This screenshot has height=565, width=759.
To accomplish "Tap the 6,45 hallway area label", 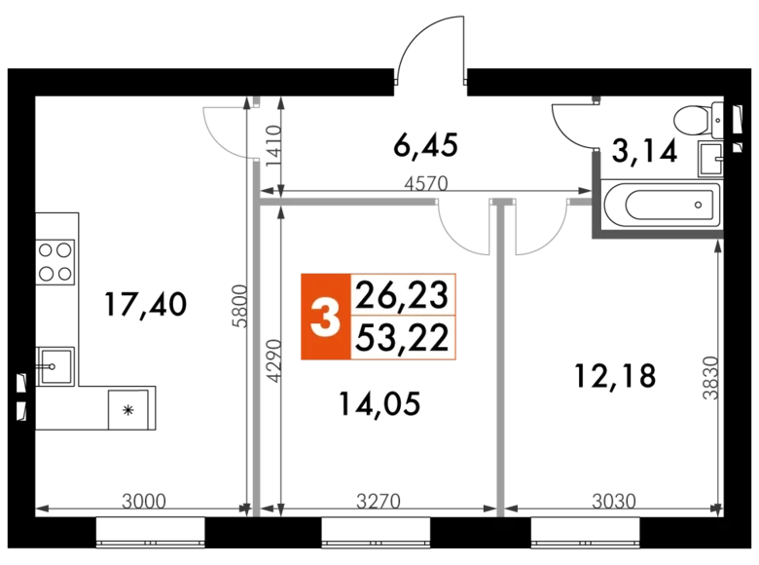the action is click(425, 145).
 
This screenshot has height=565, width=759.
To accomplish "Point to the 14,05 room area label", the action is click(379, 403).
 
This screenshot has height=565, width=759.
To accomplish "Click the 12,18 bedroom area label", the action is click(615, 376).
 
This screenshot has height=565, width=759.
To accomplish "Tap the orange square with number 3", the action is click(325, 317).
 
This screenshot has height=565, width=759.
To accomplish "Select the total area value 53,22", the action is click(402, 338).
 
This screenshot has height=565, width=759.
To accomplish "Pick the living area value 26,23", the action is click(402, 294).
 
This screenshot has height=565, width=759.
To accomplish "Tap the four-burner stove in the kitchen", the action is click(55, 262).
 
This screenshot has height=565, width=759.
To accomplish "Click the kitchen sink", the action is click(54, 366).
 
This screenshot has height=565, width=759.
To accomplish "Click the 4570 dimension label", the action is click(426, 184).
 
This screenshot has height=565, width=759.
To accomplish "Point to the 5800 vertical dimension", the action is click(239, 306).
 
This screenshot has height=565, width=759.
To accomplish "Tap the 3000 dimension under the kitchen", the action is click(144, 501).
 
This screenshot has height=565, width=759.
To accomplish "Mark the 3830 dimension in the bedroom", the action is click(710, 378).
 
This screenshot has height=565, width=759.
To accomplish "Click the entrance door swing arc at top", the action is click(430, 48).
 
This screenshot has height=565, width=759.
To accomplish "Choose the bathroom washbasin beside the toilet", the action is click(710, 159).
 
